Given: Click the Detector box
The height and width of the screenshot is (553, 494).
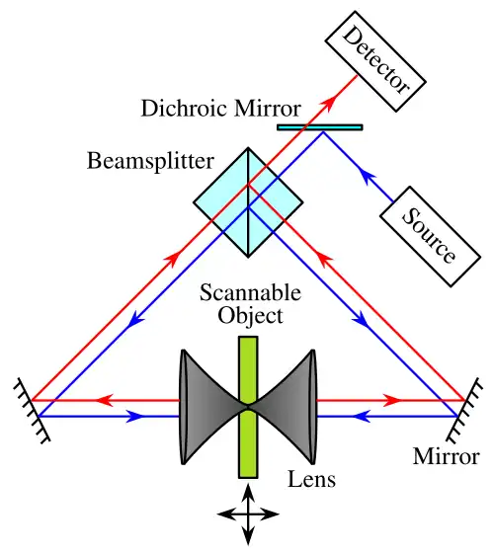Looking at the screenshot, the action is (x=375, y=61).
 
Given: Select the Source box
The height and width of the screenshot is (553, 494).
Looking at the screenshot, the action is (x=430, y=237).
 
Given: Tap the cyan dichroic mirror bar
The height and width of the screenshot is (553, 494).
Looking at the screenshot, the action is (x=320, y=127).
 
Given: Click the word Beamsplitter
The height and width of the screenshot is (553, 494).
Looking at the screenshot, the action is (x=150, y=162).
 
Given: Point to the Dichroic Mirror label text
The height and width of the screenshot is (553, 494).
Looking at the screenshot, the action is (x=221, y=108).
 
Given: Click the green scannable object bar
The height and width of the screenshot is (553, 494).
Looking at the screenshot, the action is (x=248, y=407).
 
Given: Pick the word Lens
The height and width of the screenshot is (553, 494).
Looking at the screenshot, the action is (x=311, y=479).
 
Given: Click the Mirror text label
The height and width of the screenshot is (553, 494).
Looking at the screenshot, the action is (x=446, y=456).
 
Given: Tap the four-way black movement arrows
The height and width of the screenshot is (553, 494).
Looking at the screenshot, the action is (x=248, y=514).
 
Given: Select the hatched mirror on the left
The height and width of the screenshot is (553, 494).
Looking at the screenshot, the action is (x=32, y=411).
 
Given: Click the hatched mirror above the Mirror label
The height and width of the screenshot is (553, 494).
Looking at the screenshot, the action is (x=464, y=410).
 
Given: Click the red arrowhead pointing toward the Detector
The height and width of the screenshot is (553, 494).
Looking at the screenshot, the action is (x=328, y=105).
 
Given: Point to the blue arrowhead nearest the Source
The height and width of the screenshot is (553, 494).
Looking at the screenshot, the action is (x=367, y=176).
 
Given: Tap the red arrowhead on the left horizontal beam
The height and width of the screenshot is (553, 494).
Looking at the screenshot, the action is (x=105, y=400).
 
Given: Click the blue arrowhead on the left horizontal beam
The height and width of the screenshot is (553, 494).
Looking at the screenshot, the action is (x=136, y=417).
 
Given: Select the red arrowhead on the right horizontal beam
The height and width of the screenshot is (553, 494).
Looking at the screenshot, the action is (x=392, y=400).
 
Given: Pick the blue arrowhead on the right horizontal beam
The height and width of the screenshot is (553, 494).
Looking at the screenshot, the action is (x=362, y=417).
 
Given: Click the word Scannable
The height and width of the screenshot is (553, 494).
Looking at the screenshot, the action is (x=250, y=292).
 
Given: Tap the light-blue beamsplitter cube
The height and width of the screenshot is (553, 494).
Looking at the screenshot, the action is (x=248, y=202).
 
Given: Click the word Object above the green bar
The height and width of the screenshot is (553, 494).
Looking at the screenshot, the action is (x=250, y=316).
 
